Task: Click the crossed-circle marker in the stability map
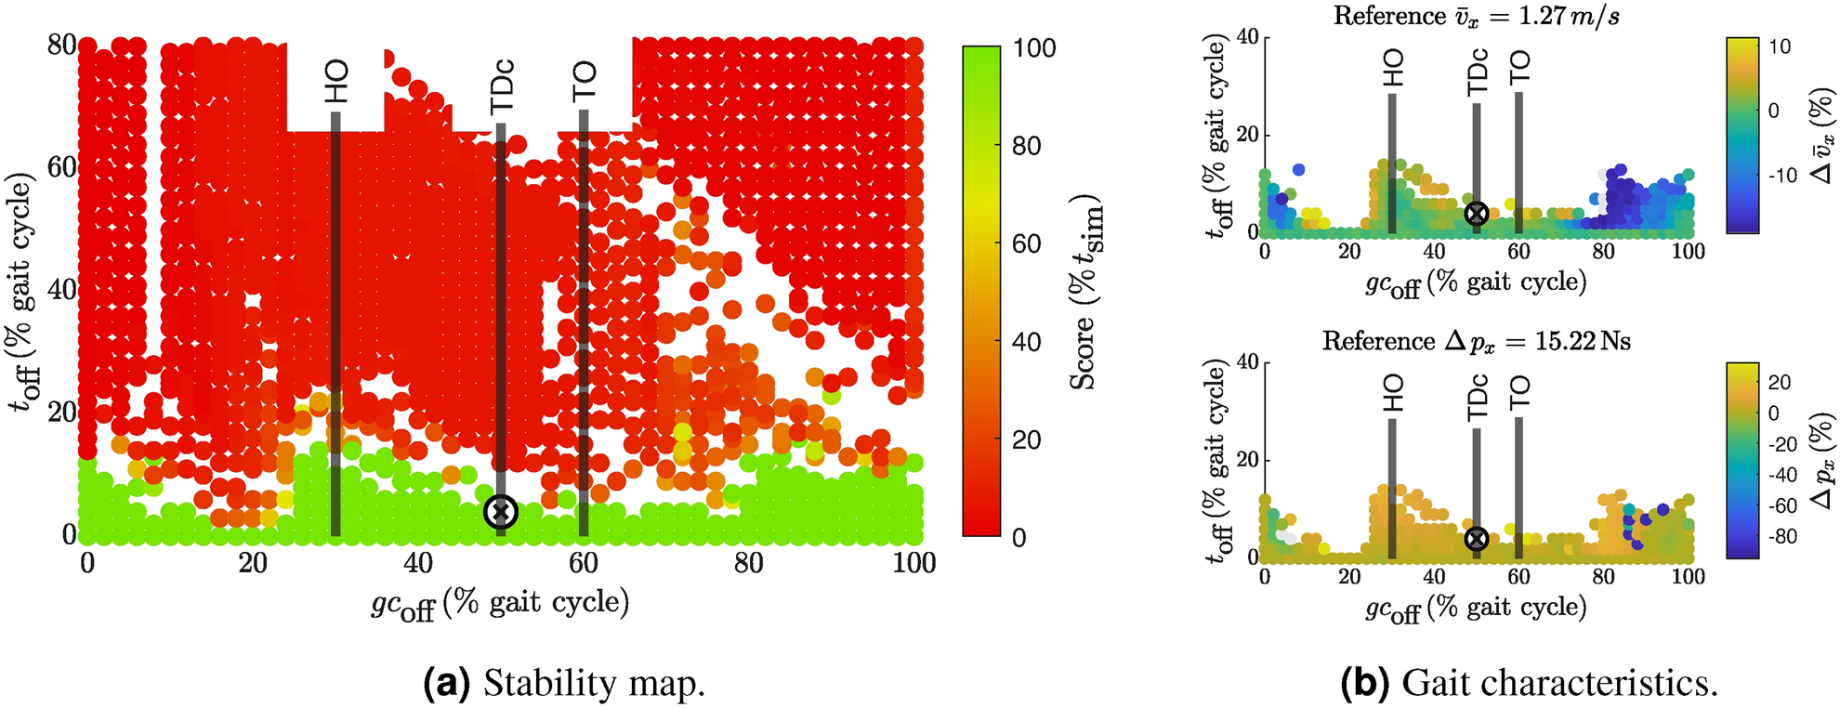pos(501,512)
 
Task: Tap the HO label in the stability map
pos(336,81)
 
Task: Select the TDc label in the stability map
pos(502,85)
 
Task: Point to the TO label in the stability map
pos(584,83)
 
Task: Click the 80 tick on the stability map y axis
pos(61,45)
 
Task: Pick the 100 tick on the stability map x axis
pos(914,563)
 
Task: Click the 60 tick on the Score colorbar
pos(1026,243)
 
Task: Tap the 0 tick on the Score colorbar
pos(1019,538)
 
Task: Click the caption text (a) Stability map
pos(564,683)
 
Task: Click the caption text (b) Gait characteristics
pos(1530,683)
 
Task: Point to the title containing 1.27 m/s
pos(1476,16)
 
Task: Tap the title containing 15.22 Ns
pos(1476,341)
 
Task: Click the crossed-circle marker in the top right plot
pos(1476,214)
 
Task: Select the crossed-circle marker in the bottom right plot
pos(1476,539)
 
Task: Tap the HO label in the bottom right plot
pos(1392,394)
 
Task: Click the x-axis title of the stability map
pos(500,605)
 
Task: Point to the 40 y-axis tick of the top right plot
pos(1247,37)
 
